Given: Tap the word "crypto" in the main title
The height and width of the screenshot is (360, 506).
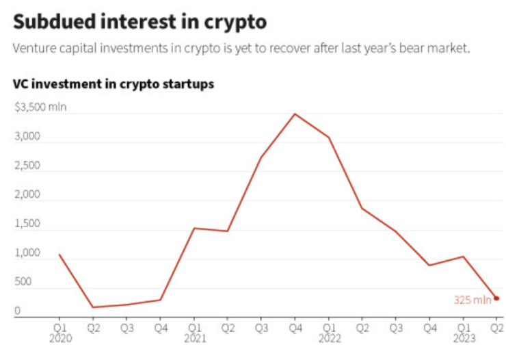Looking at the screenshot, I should (x=234, y=22).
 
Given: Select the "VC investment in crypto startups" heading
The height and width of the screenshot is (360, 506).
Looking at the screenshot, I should (x=114, y=84).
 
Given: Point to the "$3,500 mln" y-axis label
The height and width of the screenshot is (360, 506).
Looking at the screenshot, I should (x=40, y=107).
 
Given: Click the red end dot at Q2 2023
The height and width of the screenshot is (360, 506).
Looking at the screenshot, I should (x=496, y=298).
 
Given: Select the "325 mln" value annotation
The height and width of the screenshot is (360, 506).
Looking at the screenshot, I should (x=472, y=300).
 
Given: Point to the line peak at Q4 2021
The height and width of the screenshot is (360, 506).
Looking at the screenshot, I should (x=295, y=114).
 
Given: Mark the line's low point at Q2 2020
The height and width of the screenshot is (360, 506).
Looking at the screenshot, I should (x=93, y=307).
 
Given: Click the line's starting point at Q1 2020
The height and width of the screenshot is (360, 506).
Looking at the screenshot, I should (x=59, y=255).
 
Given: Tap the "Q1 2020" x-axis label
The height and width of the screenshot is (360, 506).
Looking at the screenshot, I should (x=59, y=331).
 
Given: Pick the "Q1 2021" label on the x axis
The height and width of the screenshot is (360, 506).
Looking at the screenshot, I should (x=194, y=331).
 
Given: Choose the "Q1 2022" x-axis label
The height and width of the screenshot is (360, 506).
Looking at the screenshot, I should (x=329, y=331).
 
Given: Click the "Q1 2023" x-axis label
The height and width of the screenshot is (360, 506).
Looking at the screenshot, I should (x=463, y=331).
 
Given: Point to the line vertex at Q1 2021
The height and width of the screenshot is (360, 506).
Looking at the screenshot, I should (x=194, y=228).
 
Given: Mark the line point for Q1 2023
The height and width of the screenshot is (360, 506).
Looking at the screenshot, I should (x=463, y=257).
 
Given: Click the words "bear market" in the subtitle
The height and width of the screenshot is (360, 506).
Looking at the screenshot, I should (x=437, y=50).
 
